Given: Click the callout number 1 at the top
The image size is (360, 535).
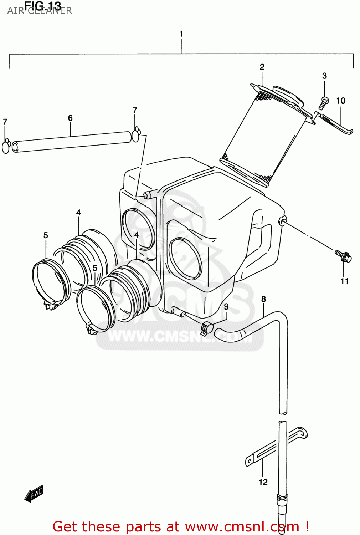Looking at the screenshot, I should point(181,34).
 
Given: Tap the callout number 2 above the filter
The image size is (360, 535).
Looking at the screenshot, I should point(262,67).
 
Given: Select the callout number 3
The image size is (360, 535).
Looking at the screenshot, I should point(324,76).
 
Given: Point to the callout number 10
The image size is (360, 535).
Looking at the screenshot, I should point(341,101).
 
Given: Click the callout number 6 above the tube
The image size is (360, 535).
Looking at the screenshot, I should point(70,118).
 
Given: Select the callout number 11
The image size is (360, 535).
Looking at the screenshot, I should point(344,281).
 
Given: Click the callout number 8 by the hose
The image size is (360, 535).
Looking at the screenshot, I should point(263,299).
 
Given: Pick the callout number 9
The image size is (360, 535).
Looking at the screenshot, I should point(226,307).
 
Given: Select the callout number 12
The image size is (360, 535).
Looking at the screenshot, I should point(263,482).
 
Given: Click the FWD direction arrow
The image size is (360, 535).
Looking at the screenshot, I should point(34,494).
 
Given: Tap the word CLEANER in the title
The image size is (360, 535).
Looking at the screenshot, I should point(50,11).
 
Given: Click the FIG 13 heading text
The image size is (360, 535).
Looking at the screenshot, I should point(43,5).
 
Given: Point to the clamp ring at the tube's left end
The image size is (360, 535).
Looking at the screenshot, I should point(6,147).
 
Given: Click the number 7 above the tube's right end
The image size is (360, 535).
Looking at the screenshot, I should point(135,111).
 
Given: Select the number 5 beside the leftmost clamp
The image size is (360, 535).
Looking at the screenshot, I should point(46,235).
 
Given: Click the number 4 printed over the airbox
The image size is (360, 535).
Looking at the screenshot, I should point(137,235).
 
